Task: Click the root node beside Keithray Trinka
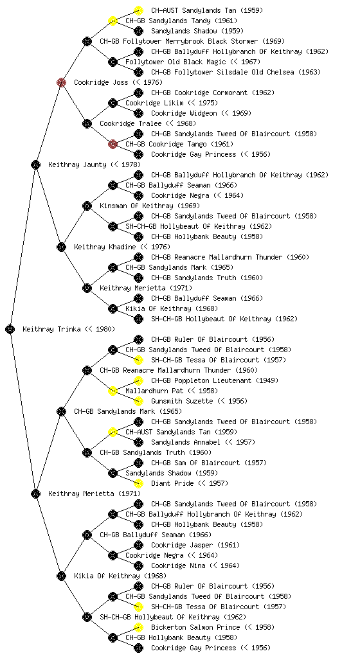(10, 329)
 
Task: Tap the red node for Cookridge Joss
(61, 82)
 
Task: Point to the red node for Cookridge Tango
(113, 144)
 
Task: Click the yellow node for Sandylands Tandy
(113, 21)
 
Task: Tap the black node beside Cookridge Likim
(113, 103)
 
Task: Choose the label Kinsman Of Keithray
(150, 206)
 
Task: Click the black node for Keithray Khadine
(61, 247)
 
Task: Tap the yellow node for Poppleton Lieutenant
(138, 380)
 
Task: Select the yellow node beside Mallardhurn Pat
(113, 391)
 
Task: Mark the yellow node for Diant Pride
(138, 483)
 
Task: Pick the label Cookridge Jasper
(195, 545)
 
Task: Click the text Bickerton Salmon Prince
(213, 627)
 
